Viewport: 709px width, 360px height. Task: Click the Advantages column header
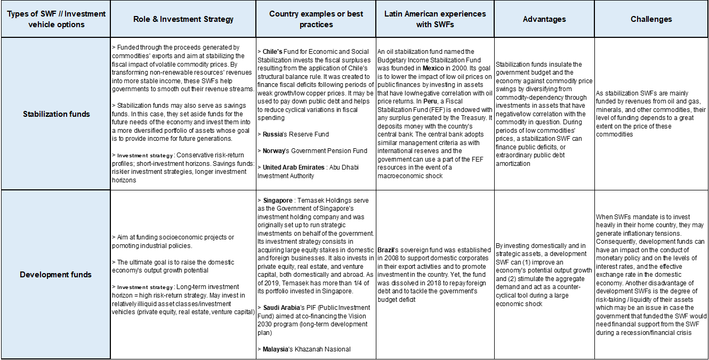(544, 19)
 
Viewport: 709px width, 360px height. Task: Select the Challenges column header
(651, 19)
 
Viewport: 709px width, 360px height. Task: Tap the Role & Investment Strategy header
(183, 19)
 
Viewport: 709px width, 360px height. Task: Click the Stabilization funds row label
(56, 114)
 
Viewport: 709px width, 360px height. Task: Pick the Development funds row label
(56, 275)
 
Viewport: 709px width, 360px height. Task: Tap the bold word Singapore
(278, 200)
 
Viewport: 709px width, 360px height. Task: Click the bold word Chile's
(273, 52)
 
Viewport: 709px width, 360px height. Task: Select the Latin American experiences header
(435, 19)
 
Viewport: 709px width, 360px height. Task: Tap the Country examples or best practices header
(316, 19)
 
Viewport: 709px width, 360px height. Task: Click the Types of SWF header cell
(56, 19)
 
